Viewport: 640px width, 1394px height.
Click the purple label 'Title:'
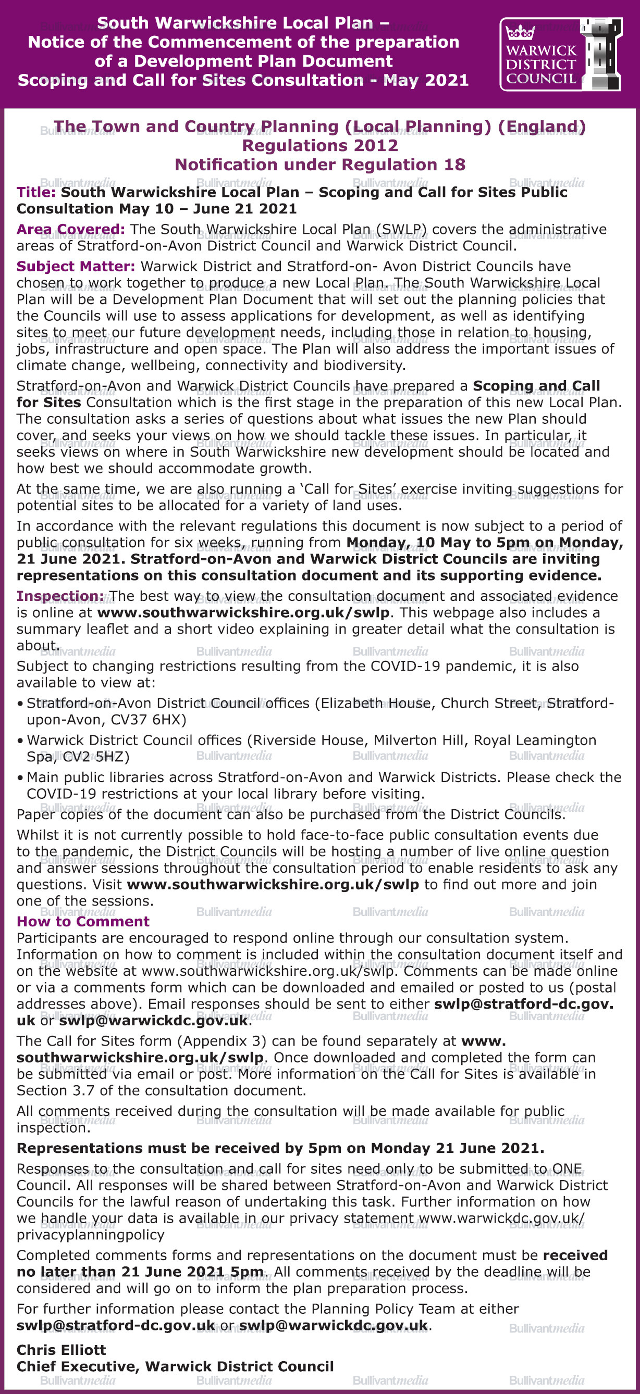coord(36,192)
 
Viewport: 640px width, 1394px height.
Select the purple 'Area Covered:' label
coord(70,230)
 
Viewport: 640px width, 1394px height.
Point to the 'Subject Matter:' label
coord(76,266)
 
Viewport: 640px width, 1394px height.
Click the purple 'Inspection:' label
coord(60,596)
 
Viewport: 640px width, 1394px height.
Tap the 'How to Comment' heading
coord(83,922)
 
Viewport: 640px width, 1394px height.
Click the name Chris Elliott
coord(61,1350)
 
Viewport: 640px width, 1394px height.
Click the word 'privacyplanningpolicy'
coord(90,1234)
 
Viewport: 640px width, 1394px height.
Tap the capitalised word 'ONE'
coord(567,1169)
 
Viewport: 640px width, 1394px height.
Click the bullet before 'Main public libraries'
coord(20,778)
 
